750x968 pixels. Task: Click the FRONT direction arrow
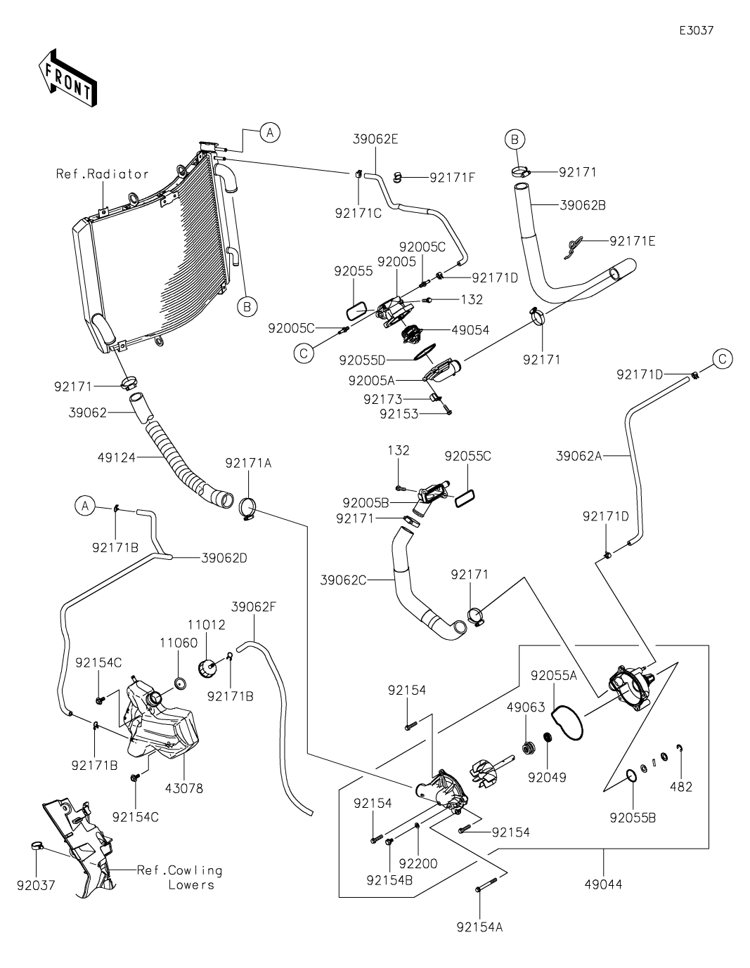tap(67, 78)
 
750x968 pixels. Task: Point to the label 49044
tap(603, 884)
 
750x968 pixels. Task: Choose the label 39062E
tap(375, 139)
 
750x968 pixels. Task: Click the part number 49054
tap(472, 329)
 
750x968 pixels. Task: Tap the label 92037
tap(36, 885)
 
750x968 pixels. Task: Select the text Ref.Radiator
tap(103, 174)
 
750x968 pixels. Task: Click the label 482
tap(681, 787)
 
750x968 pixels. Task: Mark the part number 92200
tap(418, 863)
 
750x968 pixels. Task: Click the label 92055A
tap(554, 675)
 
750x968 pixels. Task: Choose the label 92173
tap(383, 399)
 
